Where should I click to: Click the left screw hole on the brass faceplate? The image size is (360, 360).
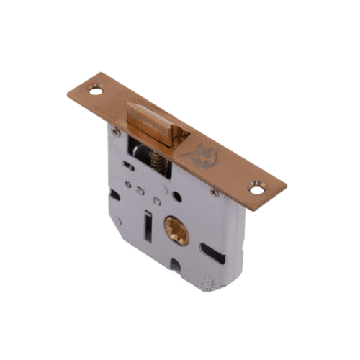click(94, 91)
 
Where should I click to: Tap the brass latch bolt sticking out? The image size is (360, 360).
click(154, 123)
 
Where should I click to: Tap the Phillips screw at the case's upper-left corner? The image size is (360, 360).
click(114, 132)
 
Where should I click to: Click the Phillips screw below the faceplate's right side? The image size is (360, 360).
click(214, 192)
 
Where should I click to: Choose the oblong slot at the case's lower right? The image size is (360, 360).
click(210, 253)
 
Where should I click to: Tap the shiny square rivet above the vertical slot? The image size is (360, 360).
click(150, 194)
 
